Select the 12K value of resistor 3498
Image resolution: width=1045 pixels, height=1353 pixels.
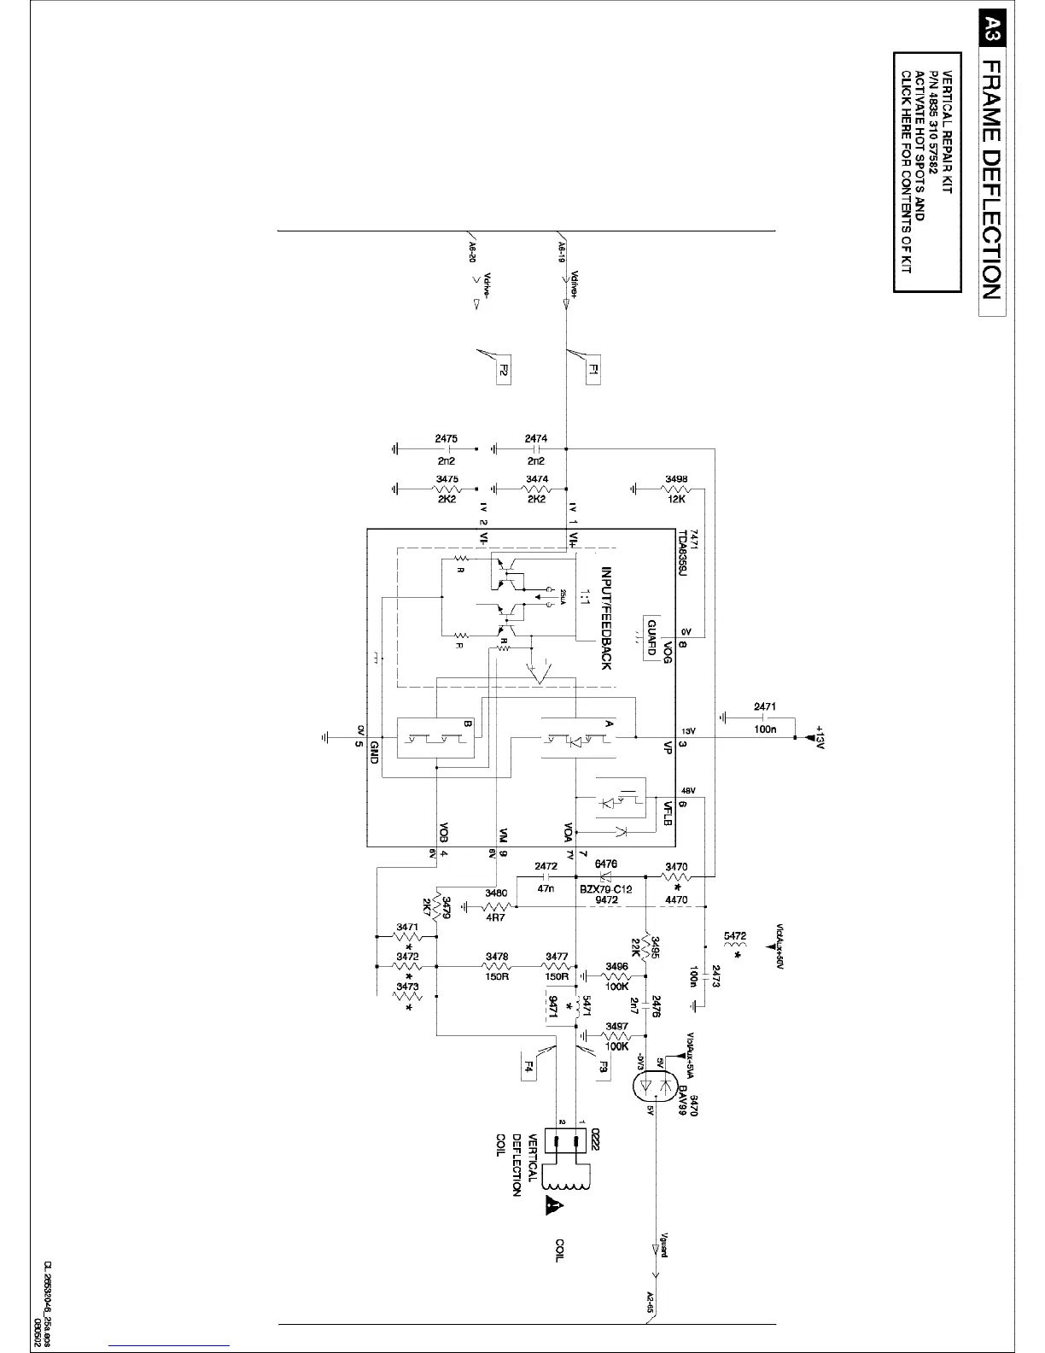[676, 500]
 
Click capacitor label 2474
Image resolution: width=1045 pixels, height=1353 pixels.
[536, 438]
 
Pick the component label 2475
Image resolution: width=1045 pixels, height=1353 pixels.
[446, 438]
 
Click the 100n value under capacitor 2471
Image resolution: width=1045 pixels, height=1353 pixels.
[765, 729]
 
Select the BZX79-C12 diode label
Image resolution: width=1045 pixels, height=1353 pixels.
[606, 889]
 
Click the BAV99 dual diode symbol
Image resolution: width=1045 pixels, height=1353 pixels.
[655, 1086]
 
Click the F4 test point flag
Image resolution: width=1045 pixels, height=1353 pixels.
[528, 1068]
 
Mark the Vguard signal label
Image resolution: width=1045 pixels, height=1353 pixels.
[661, 1244]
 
